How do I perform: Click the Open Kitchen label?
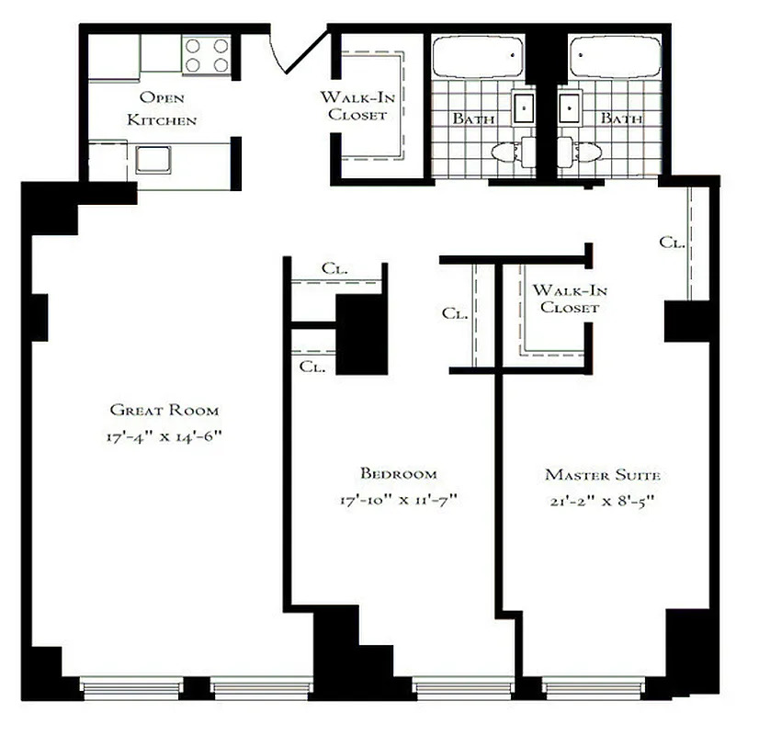coord(162,108)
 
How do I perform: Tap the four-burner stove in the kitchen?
coord(206,54)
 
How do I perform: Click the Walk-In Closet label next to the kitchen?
coord(353,107)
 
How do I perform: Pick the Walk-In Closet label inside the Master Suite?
coord(570,299)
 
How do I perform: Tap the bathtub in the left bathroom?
coord(476,58)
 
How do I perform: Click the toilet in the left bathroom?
coord(510,153)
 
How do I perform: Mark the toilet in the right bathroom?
coord(582,153)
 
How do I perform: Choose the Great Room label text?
coord(164,410)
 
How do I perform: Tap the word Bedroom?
coord(398,474)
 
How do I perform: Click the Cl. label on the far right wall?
coord(672,243)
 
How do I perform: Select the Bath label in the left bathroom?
coord(473,119)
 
